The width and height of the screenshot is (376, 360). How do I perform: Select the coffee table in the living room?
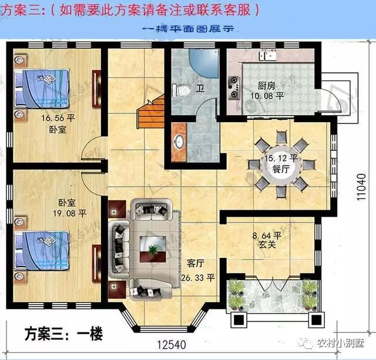[152, 244]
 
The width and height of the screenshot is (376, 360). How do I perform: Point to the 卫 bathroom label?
[200, 90]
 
